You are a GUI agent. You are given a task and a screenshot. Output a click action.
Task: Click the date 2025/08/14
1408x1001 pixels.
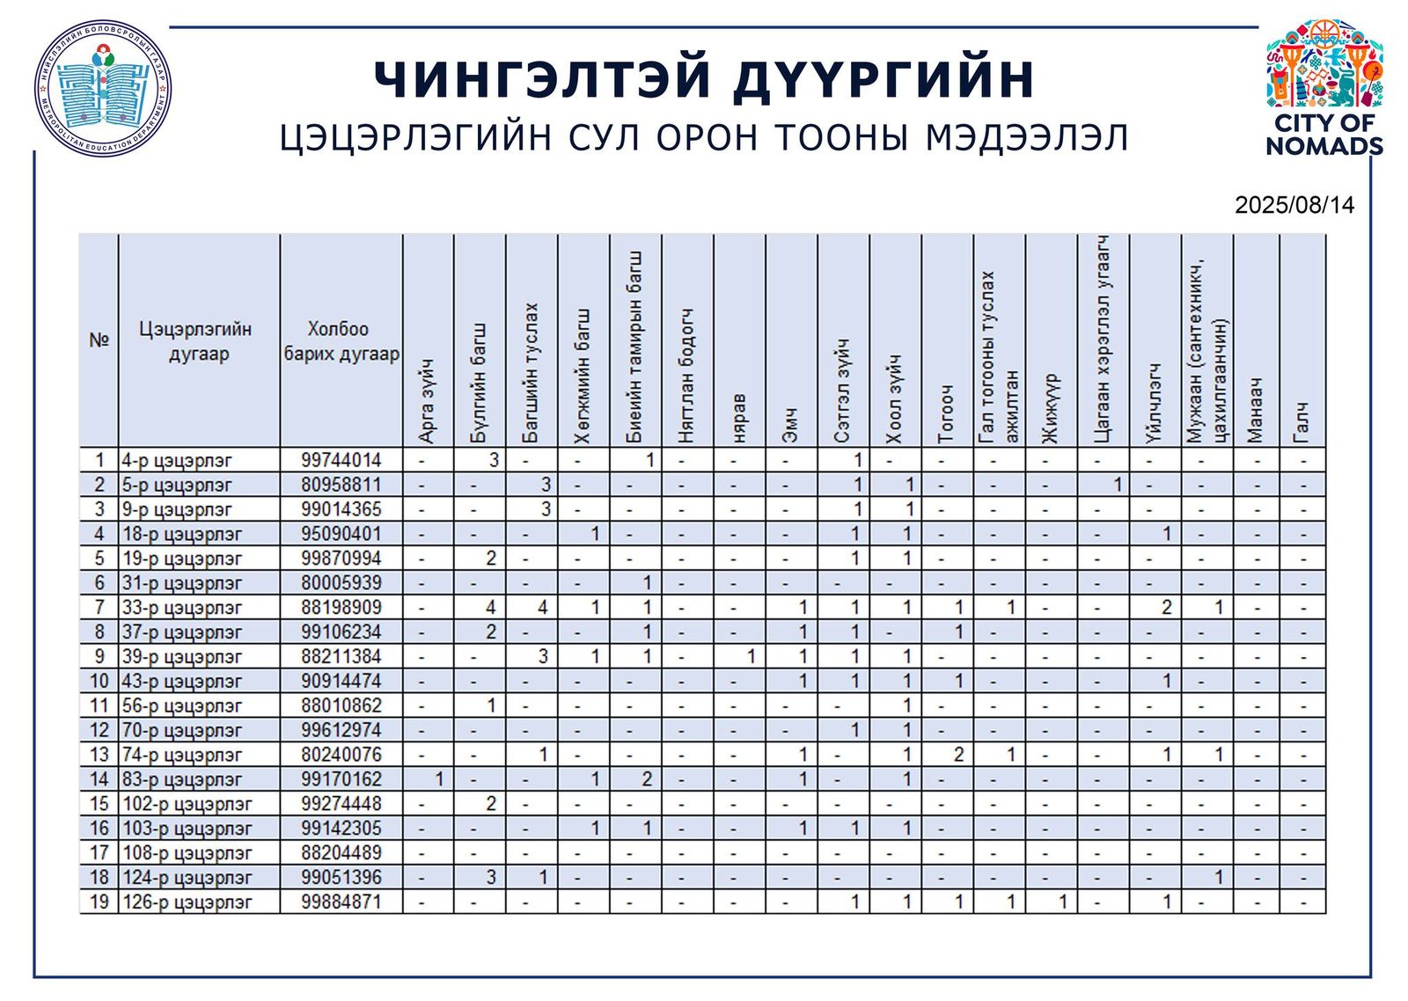(1294, 205)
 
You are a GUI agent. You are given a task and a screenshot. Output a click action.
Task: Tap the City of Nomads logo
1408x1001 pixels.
(1324, 87)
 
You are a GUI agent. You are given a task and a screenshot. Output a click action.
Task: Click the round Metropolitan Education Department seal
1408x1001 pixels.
(103, 88)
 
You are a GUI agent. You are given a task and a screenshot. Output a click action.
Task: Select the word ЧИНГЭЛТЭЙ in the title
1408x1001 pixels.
(542, 79)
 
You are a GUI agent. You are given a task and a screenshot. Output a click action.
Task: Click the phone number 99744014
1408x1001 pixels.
(341, 460)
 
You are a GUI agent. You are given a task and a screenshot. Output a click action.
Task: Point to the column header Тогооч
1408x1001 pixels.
(947, 413)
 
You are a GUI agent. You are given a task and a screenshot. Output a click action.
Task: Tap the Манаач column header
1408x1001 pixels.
(1257, 410)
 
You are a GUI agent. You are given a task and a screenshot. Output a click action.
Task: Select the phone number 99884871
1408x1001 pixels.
(341, 902)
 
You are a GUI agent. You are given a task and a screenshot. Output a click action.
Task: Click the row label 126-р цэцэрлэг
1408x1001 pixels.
(187, 902)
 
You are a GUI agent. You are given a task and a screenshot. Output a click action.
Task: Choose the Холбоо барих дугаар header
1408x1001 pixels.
(341, 341)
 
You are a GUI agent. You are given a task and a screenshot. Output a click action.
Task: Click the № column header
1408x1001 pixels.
(99, 340)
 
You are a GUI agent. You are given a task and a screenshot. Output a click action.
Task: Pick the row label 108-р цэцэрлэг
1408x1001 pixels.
(187, 853)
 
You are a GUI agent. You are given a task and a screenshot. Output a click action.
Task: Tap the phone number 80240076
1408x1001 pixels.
(341, 755)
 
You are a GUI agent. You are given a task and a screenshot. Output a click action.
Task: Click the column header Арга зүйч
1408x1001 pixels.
(428, 400)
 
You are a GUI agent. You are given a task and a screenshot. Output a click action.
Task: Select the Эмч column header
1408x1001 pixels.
(791, 425)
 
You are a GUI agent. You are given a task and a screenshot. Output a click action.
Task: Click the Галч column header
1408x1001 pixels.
(1302, 422)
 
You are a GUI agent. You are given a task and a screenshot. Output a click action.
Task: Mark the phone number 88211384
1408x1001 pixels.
(341, 656)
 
